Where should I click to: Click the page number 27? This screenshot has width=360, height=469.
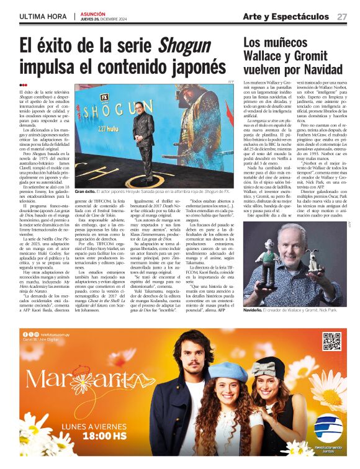click(342, 17)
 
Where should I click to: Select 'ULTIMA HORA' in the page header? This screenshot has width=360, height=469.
click(43, 17)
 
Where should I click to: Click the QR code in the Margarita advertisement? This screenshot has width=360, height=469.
click(331, 342)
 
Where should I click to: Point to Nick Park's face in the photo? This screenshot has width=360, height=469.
click(306, 241)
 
